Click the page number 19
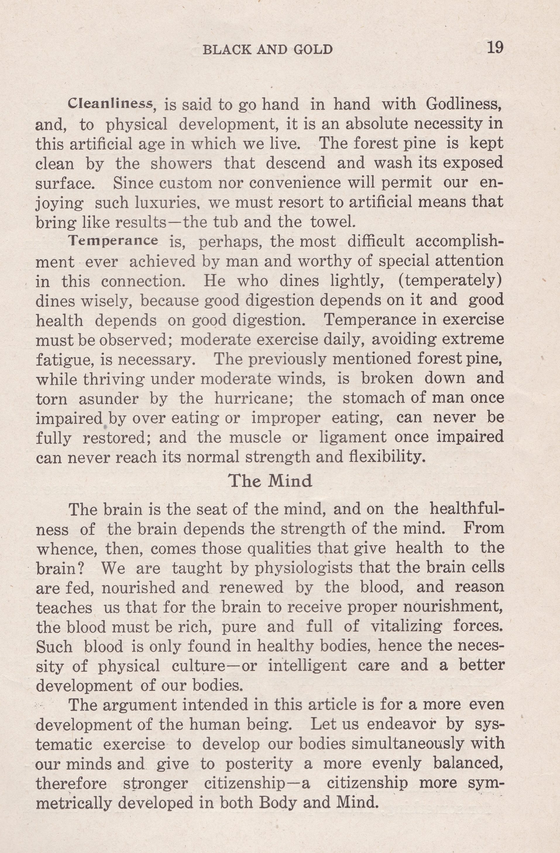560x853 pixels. tap(495, 48)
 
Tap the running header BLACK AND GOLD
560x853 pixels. tap(268, 49)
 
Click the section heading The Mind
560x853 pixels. tap(271, 481)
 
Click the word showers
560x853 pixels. tap(181, 163)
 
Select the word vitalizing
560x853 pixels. tap(406, 627)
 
